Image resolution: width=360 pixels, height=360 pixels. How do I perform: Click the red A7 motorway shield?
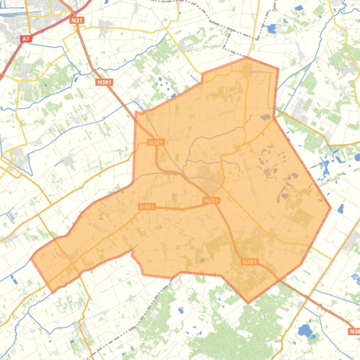click(x=27, y=40)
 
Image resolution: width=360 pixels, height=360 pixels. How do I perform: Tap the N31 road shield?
click(x=77, y=21)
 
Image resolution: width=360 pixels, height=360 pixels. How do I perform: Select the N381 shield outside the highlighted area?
click(x=104, y=82)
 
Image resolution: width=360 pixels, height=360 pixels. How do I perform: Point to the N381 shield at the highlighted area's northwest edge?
click(x=155, y=142)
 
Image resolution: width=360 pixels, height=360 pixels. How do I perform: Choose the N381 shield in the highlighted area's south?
click(x=250, y=262)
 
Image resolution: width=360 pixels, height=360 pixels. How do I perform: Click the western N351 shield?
click(x=147, y=206)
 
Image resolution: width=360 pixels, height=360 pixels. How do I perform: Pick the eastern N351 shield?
click(x=211, y=201)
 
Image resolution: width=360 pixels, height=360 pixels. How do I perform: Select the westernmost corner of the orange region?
click(x=31, y=257)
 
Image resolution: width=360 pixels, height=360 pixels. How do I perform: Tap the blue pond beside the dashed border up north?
click(x=271, y=29)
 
